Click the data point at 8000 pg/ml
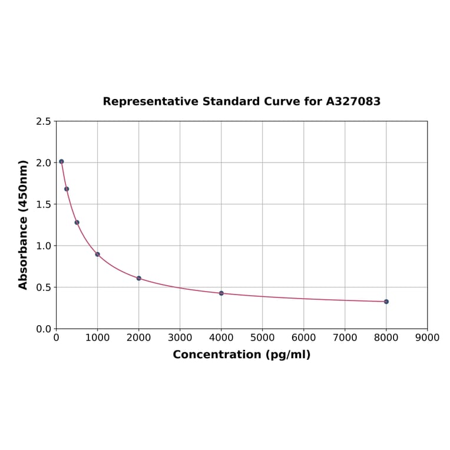click(386, 302)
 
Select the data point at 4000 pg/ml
click(221, 293)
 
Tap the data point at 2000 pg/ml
click(139, 278)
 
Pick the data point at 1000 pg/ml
click(98, 254)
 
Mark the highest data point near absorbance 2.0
click(61, 161)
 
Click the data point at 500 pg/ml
click(77, 223)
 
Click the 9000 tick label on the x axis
click(427, 337)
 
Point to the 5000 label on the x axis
click(262, 337)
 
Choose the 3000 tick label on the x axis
click(180, 337)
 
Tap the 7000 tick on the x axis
click(345, 337)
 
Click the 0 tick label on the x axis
click(57, 337)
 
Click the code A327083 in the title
click(353, 102)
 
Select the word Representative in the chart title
click(151, 102)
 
